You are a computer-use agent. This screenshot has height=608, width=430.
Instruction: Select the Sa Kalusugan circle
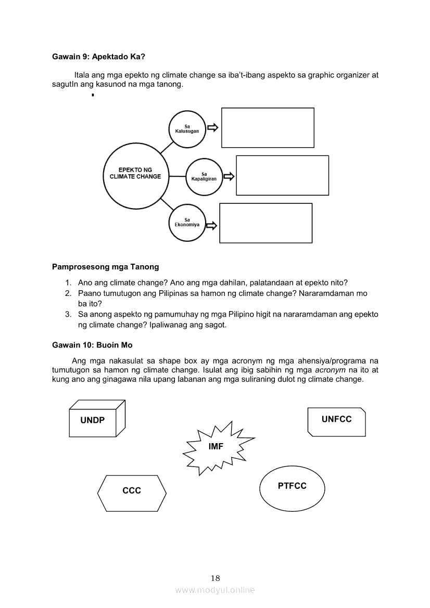click(x=187, y=128)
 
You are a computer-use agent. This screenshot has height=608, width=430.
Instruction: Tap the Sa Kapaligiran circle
click(x=204, y=177)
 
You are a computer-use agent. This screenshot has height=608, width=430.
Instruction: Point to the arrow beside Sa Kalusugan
click(x=212, y=127)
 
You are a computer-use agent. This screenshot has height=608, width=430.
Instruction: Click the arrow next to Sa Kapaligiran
click(x=229, y=177)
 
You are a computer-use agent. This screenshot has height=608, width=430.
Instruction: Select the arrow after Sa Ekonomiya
click(x=211, y=226)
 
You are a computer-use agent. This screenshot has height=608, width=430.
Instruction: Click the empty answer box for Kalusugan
click(x=268, y=128)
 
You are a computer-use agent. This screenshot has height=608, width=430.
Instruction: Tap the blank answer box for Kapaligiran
click(x=283, y=175)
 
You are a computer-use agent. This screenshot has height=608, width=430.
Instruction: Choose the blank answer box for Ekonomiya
click(x=265, y=223)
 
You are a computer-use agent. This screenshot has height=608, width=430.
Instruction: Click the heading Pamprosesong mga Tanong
click(x=106, y=267)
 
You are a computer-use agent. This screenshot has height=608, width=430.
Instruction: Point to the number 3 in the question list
click(x=68, y=314)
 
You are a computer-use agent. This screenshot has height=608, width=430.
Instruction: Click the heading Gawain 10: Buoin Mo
click(x=92, y=345)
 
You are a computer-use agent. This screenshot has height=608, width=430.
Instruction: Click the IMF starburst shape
click(x=216, y=447)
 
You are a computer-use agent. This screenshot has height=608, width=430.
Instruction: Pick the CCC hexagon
click(x=132, y=490)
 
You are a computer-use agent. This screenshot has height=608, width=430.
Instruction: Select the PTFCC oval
click(x=292, y=487)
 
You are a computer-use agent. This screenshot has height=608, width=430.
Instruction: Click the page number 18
click(x=216, y=578)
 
